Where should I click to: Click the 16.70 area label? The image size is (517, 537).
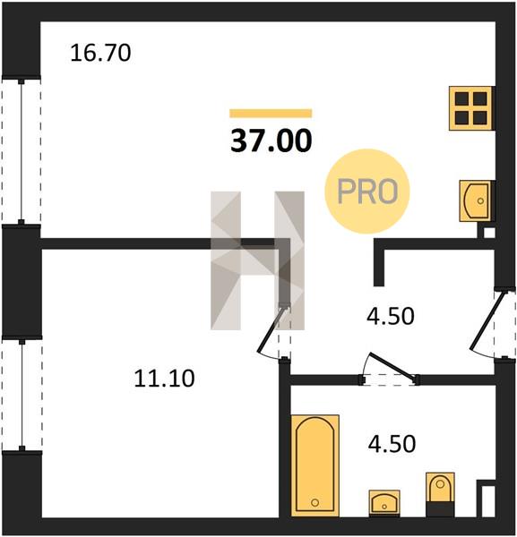point(100,54)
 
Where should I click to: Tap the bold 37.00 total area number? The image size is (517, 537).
point(271,141)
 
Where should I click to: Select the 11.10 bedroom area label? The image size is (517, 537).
point(164,379)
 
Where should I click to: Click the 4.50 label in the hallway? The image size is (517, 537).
point(390,316)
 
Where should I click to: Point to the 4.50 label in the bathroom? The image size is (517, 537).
point(392,444)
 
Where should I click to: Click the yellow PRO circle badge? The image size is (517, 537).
point(367,192)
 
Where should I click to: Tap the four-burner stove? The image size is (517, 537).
point(471,108)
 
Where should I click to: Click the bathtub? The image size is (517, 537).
point(315,465)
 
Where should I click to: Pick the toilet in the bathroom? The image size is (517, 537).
point(440,494)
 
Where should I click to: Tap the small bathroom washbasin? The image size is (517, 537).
point(384,503)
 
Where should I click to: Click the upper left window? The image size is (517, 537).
point(22,151)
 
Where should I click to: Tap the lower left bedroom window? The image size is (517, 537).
point(22,395)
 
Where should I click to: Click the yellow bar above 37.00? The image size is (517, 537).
point(271,114)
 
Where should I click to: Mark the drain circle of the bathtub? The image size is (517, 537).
point(315,502)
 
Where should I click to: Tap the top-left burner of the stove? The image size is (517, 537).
point(461,99)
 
